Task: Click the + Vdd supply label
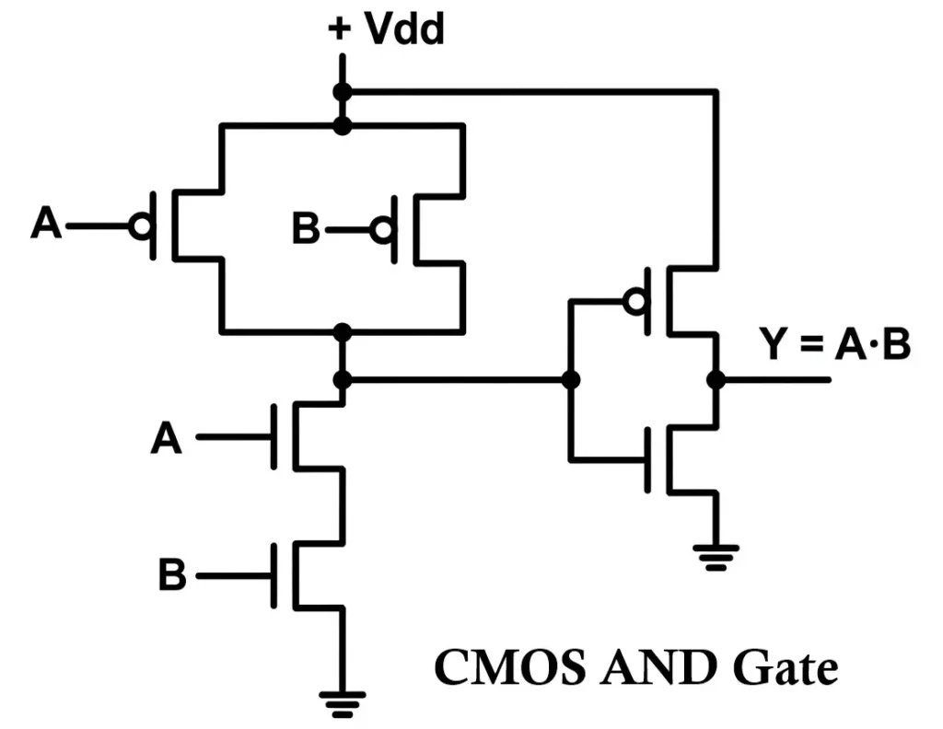(x=386, y=29)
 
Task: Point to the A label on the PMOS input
(x=47, y=224)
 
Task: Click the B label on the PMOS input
(x=306, y=229)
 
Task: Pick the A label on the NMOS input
(x=167, y=438)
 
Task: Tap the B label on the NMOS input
(x=172, y=576)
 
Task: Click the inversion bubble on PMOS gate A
(x=141, y=226)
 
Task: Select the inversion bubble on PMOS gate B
(x=381, y=230)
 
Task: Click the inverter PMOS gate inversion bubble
(x=634, y=301)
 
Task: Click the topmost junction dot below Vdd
(x=343, y=92)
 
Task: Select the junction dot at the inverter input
(x=571, y=379)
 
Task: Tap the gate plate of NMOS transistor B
(x=274, y=576)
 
